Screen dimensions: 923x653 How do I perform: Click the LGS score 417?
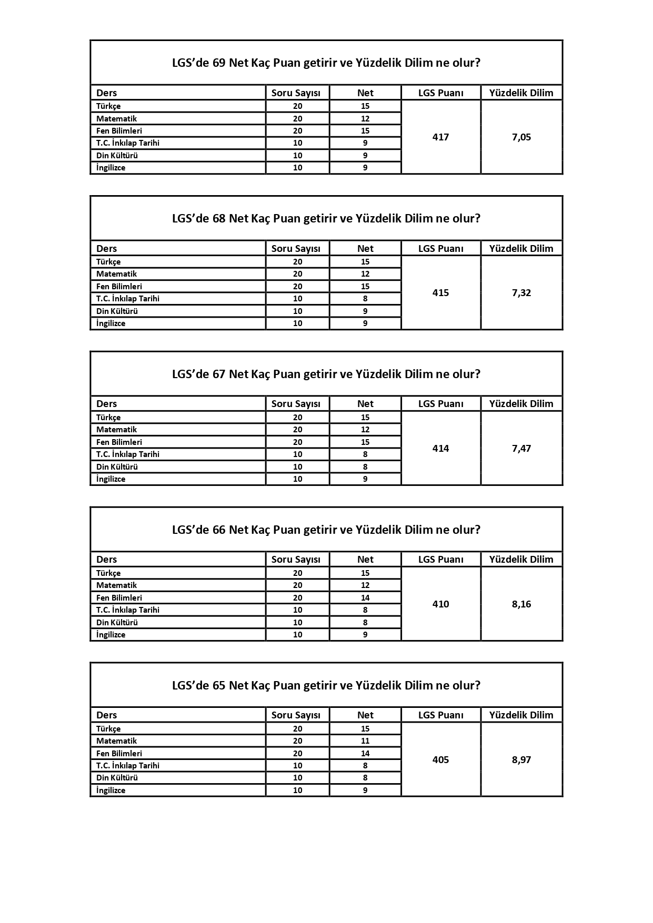click(440, 137)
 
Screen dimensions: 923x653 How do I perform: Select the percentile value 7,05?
click(521, 137)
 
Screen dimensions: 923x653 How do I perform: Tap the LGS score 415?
click(440, 293)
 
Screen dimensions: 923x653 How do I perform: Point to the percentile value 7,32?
click(521, 293)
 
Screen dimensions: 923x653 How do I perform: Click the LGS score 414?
click(440, 449)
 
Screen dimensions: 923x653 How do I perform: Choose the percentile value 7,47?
click(521, 449)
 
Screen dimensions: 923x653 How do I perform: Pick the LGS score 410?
click(440, 604)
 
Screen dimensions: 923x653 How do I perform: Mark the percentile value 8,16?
click(521, 604)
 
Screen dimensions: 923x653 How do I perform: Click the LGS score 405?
click(440, 760)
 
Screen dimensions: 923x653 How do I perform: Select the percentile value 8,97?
click(521, 760)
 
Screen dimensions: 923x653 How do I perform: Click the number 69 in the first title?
click(219, 63)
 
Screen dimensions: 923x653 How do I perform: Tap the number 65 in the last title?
click(219, 686)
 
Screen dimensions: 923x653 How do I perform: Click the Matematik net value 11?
click(365, 741)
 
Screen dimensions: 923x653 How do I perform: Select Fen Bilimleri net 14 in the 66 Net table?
click(365, 598)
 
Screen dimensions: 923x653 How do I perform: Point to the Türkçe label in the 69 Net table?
click(108, 106)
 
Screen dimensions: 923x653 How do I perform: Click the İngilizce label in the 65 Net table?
click(110, 790)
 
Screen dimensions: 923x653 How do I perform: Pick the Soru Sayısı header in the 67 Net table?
click(296, 404)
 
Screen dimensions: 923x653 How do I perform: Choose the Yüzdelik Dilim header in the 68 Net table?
click(521, 249)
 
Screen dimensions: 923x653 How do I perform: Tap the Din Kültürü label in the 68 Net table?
click(117, 311)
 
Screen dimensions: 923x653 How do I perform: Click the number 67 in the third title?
click(219, 374)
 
